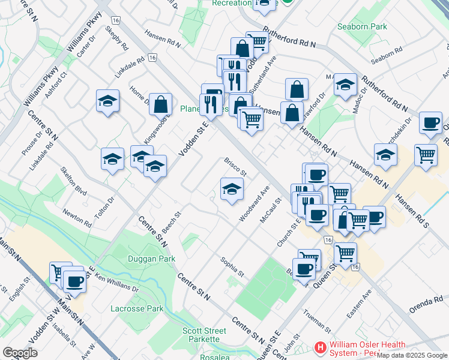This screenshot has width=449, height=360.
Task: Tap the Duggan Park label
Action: (151, 259)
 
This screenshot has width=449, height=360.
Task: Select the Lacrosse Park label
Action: (137, 309)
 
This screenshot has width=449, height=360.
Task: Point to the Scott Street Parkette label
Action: (204, 335)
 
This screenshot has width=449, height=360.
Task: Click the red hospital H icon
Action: (321, 347)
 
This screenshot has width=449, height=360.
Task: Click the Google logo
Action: (20, 353)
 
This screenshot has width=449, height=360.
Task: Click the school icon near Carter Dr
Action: (107, 101)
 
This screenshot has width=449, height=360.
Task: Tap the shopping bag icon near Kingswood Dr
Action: (161, 104)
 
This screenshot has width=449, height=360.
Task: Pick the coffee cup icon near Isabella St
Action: (75, 280)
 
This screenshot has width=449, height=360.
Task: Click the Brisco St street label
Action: (235, 166)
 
